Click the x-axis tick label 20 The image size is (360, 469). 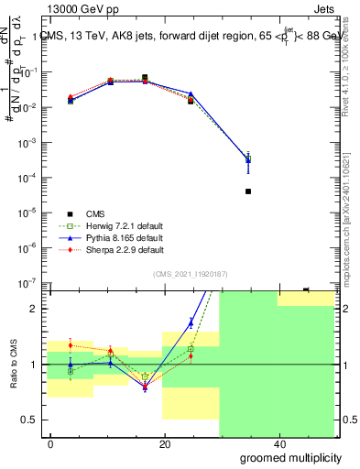tap(165, 444)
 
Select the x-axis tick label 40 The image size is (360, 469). tap(278, 444)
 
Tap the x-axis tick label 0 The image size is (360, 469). tap(51, 444)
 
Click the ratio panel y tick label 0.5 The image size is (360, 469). tap(32, 420)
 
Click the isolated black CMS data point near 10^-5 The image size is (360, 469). tap(248, 191)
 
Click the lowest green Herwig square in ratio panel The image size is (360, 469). tap(145, 376)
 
